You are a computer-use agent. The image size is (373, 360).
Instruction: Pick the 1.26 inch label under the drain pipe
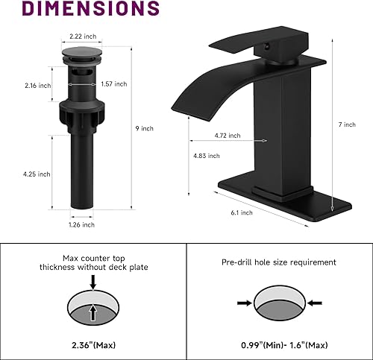[x=82, y=224]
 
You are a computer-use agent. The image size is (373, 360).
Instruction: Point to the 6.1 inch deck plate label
[x=242, y=212]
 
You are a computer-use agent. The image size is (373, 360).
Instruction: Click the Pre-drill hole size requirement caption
[x=278, y=262]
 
